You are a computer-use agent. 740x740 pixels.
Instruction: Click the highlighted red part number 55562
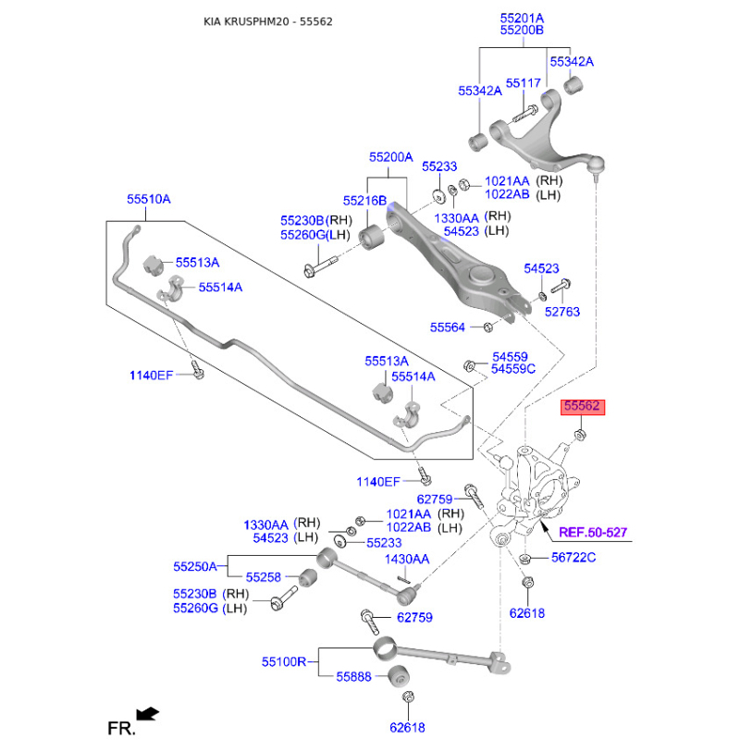pyautogui.click(x=583, y=406)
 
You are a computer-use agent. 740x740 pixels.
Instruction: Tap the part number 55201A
pyautogui.click(x=522, y=18)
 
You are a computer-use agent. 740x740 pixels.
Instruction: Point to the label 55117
pyautogui.click(x=523, y=83)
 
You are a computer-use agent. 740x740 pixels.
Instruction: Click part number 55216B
pyautogui.click(x=364, y=201)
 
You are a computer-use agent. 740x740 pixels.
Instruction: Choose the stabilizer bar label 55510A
pyautogui.click(x=149, y=199)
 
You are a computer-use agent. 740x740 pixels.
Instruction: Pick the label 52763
pyautogui.click(x=561, y=312)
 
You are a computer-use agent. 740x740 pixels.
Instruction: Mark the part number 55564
pyautogui.click(x=449, y=327)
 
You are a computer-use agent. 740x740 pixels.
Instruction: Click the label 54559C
pyautogui.click(x=513, y=369)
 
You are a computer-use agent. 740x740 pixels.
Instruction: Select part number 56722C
pyautogui.click(x=573, y=557)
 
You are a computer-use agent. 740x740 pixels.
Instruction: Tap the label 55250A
pyautogui.click(x=194, y=566)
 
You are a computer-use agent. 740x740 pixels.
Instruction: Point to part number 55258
pyautogui.click(x=263, y=577)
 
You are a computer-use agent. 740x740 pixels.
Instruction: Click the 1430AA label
pyautogui.click(x=407, y=559)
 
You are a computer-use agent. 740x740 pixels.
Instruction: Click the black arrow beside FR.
pyautogui.click(x=147, y=713)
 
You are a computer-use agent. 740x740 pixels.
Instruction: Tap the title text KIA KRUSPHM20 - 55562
pyautogui.click(x=268, y=21)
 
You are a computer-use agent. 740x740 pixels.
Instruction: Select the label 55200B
pyautogui.click(x=522, y=31)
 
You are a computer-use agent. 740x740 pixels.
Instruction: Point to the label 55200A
pyautogui.click(x=390, y=158)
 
